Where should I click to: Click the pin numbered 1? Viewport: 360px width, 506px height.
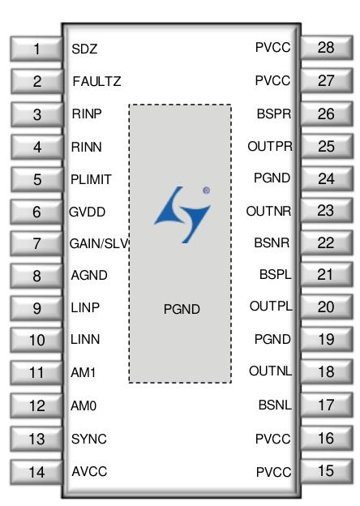[x=36, y=49]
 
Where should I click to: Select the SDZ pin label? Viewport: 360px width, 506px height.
[x=84, y=49]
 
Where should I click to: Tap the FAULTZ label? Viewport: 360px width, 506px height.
[x=96, y=81]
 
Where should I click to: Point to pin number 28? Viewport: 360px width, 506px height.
[x=327, y=48]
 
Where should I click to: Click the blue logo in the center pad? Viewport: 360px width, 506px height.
[x=182, y=214]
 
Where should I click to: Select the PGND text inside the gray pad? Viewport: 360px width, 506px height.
[x=182, y=309]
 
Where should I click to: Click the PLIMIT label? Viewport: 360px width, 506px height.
[x=91, y=179]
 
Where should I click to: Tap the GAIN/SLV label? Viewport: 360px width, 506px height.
[x=100, y=243]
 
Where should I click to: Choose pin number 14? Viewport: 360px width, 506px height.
[x=36, y=472]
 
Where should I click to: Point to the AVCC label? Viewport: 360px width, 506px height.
[x=89, y=471]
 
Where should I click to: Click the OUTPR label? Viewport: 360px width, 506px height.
[x=270, y=146]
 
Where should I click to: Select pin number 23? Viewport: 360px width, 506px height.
[x=327, y=211]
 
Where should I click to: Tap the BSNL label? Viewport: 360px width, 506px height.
[x=275, y=405]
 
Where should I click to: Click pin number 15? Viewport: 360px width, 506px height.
[x=327, y=471]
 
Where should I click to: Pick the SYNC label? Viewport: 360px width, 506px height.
[x=88, y=439]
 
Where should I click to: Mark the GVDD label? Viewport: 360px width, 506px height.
[x=87, y=212]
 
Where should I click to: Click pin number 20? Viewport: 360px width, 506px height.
[x=327, y=307]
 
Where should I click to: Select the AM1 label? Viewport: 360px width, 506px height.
[x=84, y=373]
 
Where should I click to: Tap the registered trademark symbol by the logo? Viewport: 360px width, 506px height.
[x=207, y=191]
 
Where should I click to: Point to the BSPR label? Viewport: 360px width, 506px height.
[x=274, y=114]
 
